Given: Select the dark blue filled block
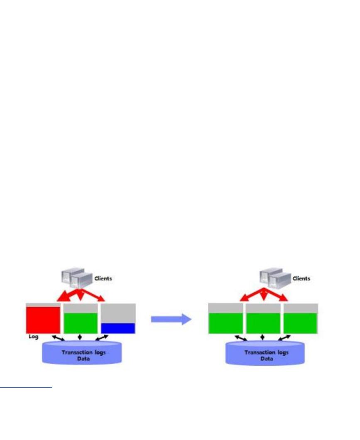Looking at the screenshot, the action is click(118, 328).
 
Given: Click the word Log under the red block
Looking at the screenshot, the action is click(33, 337).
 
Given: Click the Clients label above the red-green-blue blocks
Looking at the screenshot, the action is click(103, 279).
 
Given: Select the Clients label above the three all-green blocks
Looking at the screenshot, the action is click(301, 279).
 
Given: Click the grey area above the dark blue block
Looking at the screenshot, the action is click(118, 313).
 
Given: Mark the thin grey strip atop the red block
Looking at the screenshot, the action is click(43, 305).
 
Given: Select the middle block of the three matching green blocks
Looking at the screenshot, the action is click(263, 323).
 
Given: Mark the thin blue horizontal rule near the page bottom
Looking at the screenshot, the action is click(26, 388).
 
